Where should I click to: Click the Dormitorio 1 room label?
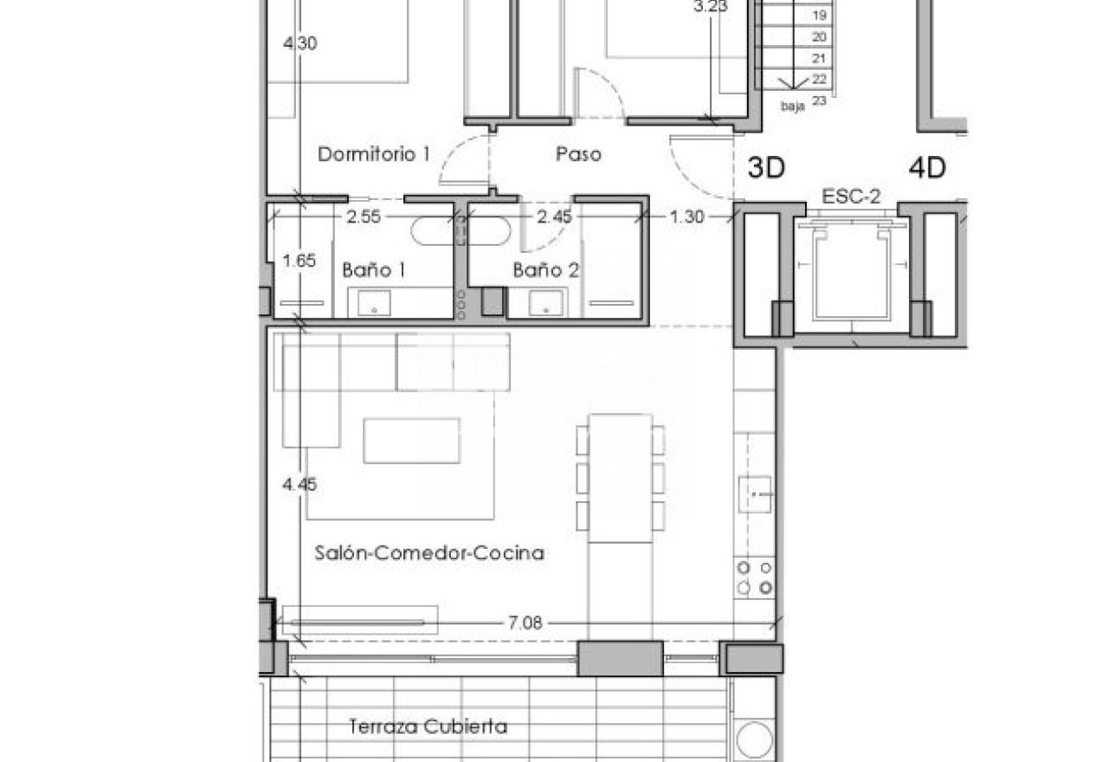coord(373,154)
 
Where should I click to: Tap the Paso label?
coord(578,154)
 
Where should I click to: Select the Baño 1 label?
coord(374,270)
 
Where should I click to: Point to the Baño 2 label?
coord(545,270)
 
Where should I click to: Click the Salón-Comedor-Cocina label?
coord(429,552)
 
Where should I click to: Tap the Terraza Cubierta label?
coord(428,726)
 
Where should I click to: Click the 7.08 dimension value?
coord(525,623)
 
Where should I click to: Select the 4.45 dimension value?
coord(300,484)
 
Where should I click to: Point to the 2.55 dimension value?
coord(364,216)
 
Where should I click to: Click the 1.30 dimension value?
coord(686,216)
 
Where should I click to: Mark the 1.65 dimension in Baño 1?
coord(300,261)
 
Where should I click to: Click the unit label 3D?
coord(766,168)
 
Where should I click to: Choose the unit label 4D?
coord(927,168)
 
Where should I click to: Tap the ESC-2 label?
coord(851,197)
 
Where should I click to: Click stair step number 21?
coord(819,58)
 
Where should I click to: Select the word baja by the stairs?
coord(792,106)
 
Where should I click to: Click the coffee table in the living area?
coord(411,441)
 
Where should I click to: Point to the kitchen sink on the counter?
coord(755,494)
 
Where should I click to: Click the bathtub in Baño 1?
coord(460,231)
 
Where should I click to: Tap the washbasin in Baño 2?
coord(545,303)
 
